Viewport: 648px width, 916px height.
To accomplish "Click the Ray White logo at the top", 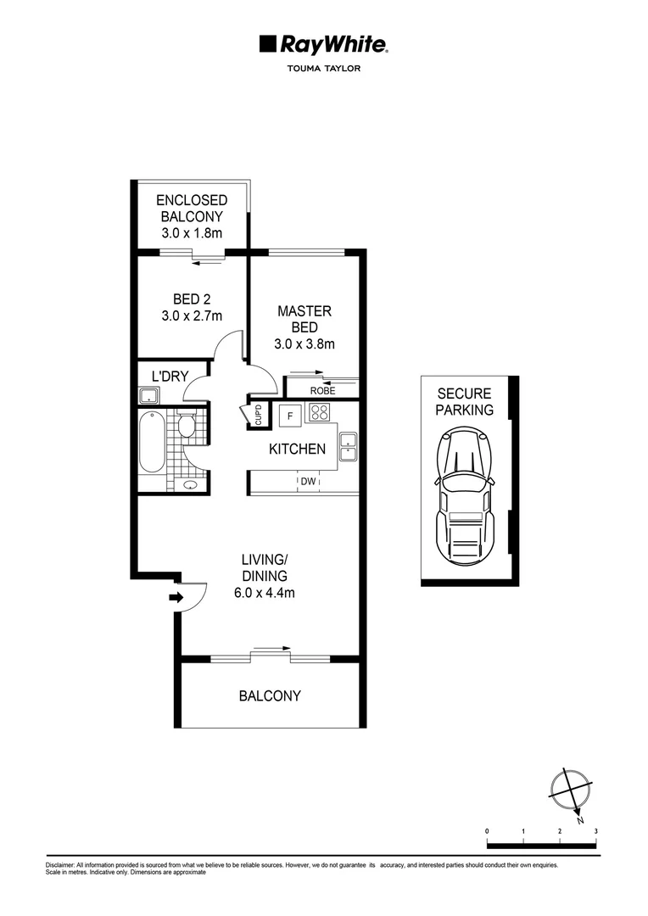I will point(323,45).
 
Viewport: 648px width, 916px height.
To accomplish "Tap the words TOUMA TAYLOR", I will point(324,69).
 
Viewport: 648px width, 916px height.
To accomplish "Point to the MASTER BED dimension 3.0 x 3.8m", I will point(304,343).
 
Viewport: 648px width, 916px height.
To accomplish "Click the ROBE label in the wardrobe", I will point(322,391).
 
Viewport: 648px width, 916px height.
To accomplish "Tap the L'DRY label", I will point(170,376).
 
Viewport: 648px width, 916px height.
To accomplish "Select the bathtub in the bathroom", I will point(153,442).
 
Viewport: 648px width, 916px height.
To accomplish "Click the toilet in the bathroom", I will point(187,423).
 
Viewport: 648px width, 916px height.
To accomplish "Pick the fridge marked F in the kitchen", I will point(290,415).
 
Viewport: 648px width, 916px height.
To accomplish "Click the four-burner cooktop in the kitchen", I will point(320,413).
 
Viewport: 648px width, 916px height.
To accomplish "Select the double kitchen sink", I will point(347,447).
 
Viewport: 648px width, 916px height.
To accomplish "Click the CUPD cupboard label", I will point(258,415).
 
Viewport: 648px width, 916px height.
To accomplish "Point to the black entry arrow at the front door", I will point(176,598).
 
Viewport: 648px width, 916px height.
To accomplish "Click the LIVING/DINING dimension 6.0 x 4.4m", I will point(265,593).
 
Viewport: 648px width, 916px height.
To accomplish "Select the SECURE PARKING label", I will point(464,401).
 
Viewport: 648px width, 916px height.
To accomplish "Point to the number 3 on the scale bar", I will point(596,830).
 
